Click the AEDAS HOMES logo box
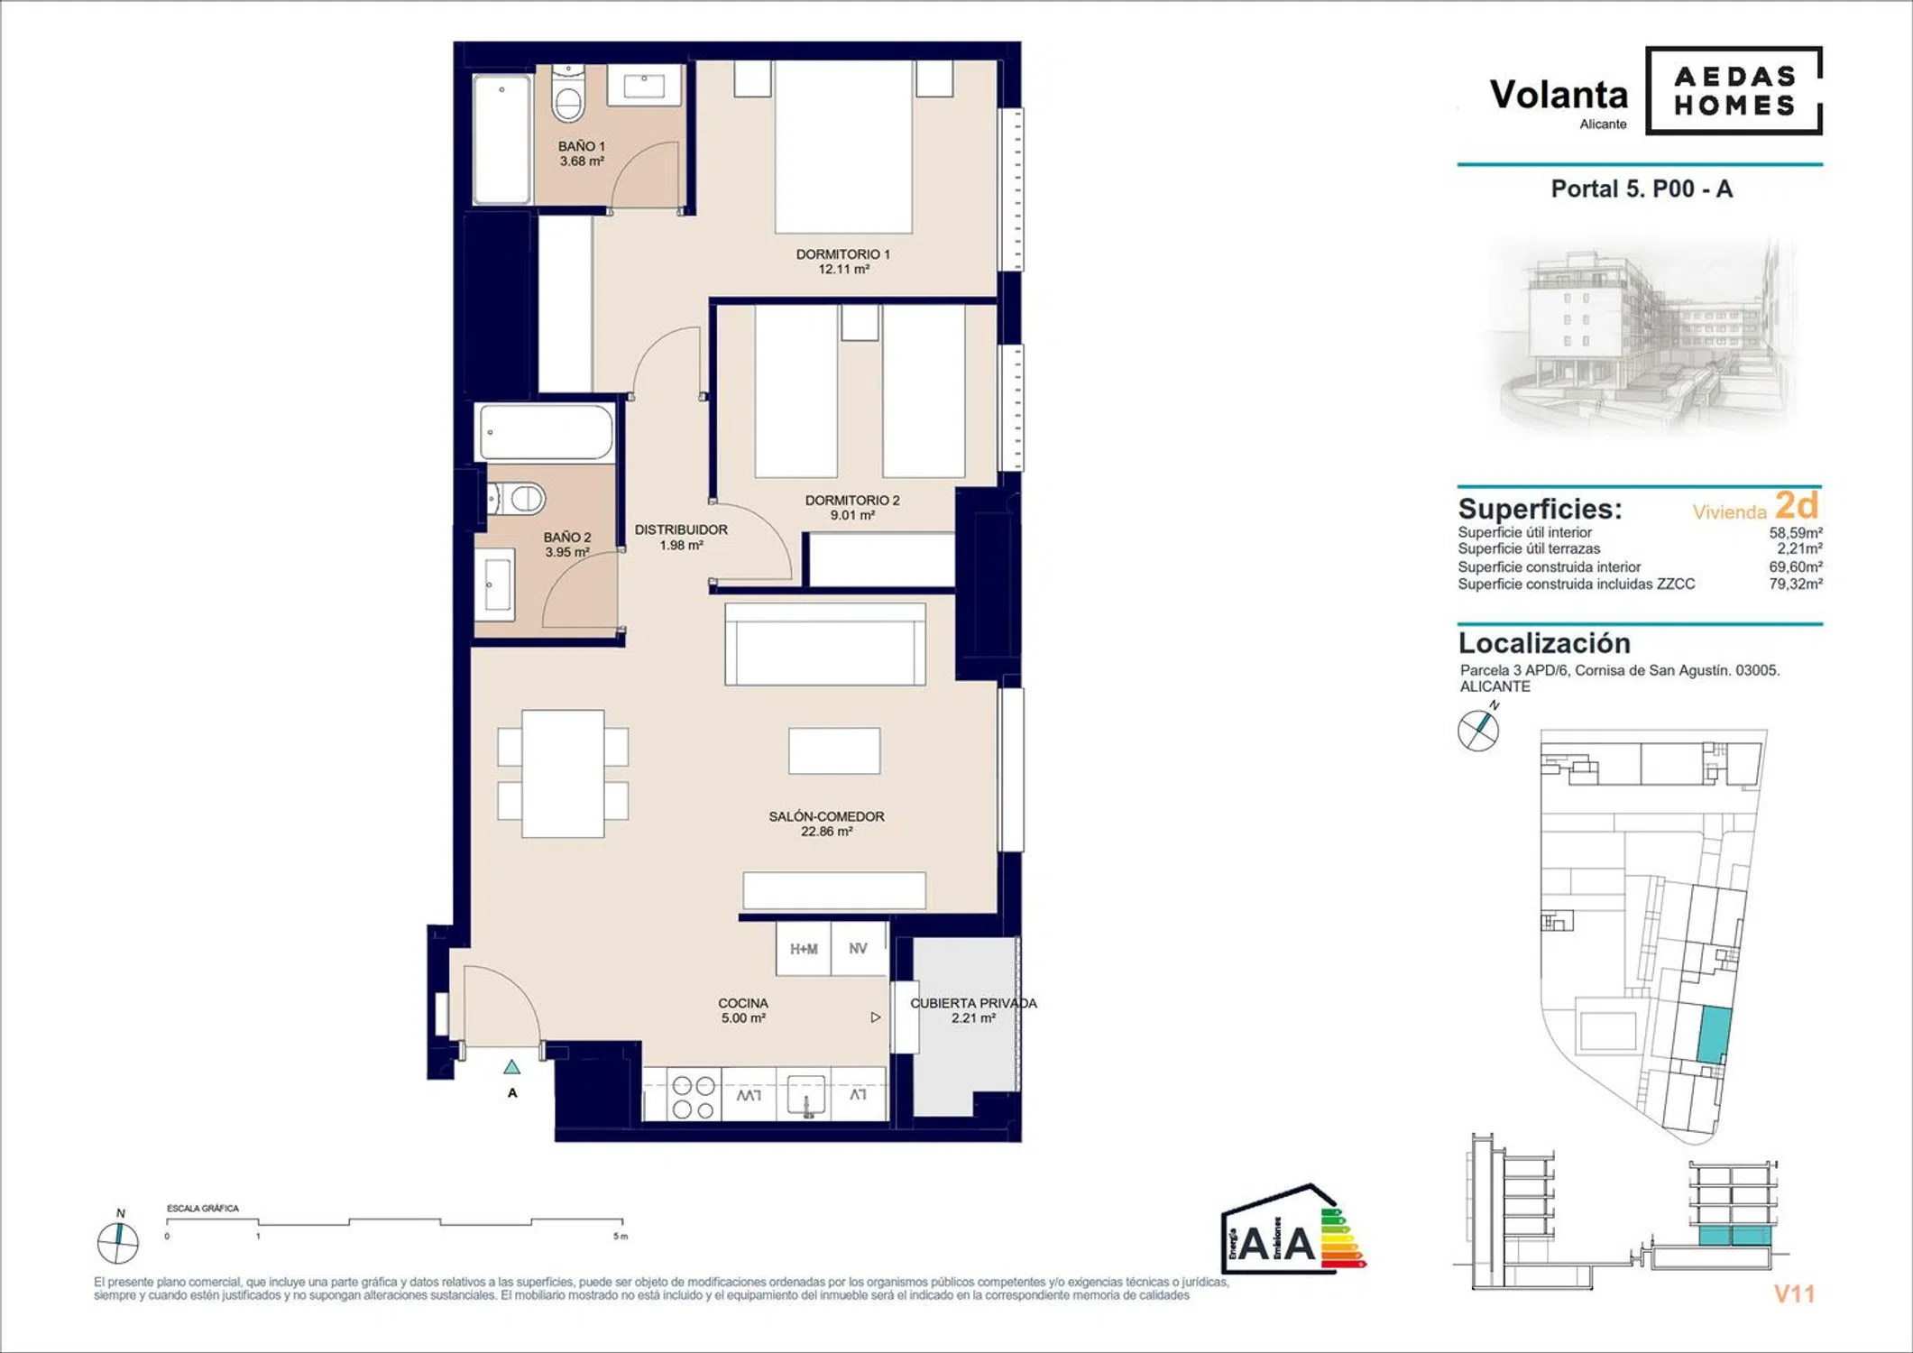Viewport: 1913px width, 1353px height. [1734, 90]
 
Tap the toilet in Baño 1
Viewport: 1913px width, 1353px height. [568, 94]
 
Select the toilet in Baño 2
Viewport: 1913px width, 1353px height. [517, 498]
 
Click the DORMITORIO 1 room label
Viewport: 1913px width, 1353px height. [843, 262]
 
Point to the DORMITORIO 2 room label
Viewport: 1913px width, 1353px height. [852, 507]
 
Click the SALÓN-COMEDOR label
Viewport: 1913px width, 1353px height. [826, 824]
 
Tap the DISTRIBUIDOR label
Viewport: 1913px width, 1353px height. [681, 538]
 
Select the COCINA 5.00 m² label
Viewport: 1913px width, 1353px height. [743, 1010]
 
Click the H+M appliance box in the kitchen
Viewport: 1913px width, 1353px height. [804, 948]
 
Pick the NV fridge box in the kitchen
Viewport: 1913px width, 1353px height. [859, 948]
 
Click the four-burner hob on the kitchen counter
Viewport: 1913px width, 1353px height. [694, 1097]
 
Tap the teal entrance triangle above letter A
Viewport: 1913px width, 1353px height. [511, 1067]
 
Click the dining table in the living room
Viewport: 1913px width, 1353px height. [563, 774]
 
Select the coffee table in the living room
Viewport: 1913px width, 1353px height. [834, 750]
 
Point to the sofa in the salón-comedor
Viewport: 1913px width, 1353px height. [825, 644]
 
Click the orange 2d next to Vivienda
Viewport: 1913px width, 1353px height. [1797, 504]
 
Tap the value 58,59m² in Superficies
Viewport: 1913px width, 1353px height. [1796, 532]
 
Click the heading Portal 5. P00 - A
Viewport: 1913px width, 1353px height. [1642, 189]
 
